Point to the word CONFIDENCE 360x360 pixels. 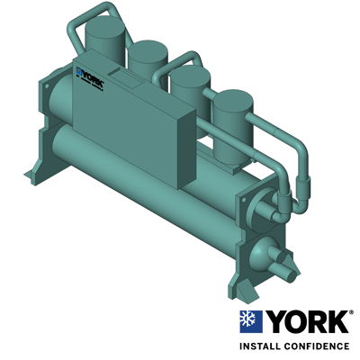[319, 346]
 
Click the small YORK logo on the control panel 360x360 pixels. [90, 77]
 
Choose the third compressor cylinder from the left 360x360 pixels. [190, 87]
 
